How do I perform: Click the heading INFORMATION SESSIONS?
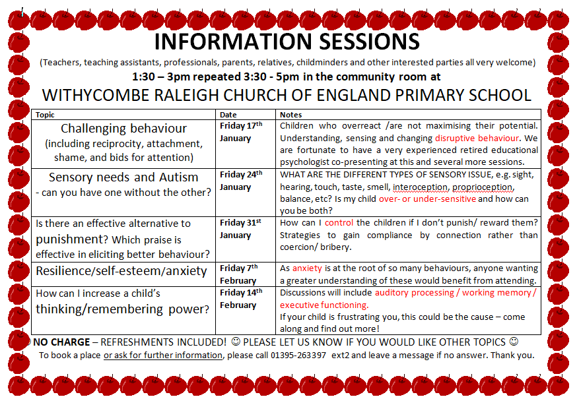287,42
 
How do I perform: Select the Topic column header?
45,115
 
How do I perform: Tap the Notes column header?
290,115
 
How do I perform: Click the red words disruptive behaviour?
477,139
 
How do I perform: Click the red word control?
339,223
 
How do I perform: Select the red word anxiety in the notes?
307,268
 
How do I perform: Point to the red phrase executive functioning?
324,305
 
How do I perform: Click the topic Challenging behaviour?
123,129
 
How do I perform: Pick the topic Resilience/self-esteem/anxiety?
121,271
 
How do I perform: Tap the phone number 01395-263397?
298,356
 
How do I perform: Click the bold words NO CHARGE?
61,342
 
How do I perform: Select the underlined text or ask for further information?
163,356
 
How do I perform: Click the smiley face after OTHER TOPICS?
514,342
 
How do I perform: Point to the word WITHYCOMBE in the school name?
96,95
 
